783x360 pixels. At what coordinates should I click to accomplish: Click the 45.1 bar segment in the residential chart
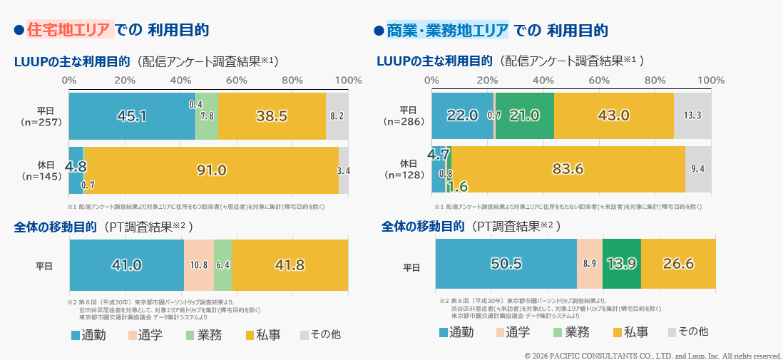[x=132, y=115]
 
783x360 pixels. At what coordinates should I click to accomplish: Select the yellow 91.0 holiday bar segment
[x=212, y=170]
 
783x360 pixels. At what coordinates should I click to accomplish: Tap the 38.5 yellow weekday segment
[x=272, y=115]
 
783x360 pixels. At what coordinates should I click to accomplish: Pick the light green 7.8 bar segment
[x=207, y=115]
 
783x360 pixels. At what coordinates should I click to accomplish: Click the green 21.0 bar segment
[x=524, y=115]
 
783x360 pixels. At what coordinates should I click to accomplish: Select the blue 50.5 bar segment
[x=506, y=263]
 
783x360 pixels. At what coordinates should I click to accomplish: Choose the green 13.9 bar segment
[x=621, y=263]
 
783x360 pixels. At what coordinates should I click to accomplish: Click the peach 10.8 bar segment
[x=199, y=264]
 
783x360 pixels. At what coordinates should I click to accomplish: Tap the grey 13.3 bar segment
[x=692, y=115]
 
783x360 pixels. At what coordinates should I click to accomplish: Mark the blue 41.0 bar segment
[x=126, y=264]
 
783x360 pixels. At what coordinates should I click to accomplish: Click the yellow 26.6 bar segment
[x=678, y=263]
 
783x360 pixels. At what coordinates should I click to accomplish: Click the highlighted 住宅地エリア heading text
[x=69, y=30]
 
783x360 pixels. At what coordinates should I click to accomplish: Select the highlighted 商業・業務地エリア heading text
[x=447, y=30]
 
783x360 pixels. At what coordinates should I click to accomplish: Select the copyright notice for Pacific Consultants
[x=652, y=355]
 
